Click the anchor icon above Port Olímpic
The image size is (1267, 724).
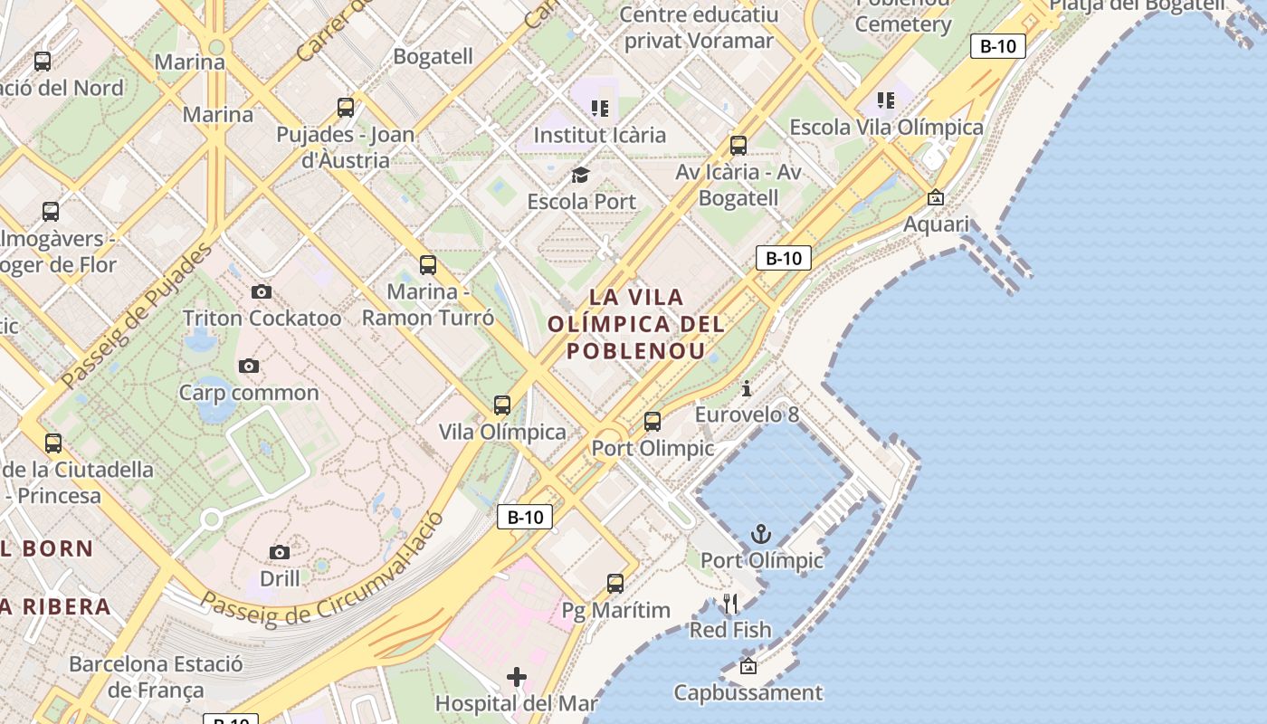click(760, 534)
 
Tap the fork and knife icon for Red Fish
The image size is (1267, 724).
click(730, 603)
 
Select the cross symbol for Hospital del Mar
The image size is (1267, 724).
click(517, 676)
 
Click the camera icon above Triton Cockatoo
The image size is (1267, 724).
click(262, 291)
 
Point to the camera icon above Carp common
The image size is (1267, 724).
click(249, 366)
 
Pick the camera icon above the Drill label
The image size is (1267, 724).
click(280, 551)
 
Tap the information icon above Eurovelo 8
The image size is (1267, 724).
click(747, 389)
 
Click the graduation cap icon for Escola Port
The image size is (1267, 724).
click(580, 175)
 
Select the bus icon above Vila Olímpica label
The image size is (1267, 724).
click(502, 405)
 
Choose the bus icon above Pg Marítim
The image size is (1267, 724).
click(615, 584)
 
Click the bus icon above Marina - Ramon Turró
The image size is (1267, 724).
click(428, 265)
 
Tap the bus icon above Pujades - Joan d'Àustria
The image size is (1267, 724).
click(346, 108)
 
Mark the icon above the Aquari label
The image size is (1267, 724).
click(936, 197)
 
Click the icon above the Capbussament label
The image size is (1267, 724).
click(748, 667)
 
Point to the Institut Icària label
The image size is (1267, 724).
click(599, 135)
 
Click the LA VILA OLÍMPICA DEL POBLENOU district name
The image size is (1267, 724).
click(636, 324)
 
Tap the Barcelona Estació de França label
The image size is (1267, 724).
click(156, 676)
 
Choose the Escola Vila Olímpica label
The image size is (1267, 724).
click(886, 127)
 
